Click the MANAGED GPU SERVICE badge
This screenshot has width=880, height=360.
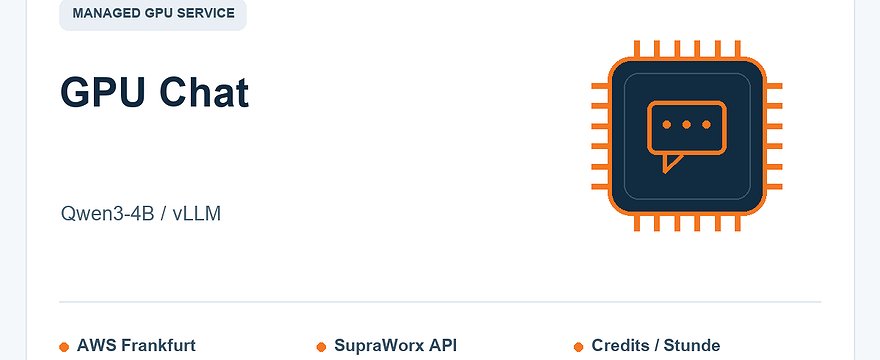(x=153, y=14)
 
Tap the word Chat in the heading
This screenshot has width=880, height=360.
(x=204, y=92)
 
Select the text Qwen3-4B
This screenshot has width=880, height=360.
(x=107, y=214)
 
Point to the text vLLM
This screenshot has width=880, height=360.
(x=196, y=214)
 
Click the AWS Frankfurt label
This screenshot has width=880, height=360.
(x=136, y=345)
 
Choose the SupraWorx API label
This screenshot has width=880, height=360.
(x=396, y=345)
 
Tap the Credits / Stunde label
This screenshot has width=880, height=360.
(x=656, y=345)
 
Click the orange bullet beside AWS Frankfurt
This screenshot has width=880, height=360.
(x=64, y=347)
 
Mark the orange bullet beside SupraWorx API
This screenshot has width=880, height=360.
(x=321, y=347)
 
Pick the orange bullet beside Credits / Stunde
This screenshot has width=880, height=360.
(x=579, y=347)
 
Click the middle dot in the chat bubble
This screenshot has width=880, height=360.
(x=686, y=125)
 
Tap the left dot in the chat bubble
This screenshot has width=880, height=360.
(x=667, y=125)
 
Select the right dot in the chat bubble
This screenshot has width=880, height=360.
(x=707, y=125)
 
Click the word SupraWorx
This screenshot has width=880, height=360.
(x=382, y=345)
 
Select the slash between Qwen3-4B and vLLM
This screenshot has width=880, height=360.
(x=163, y=214)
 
